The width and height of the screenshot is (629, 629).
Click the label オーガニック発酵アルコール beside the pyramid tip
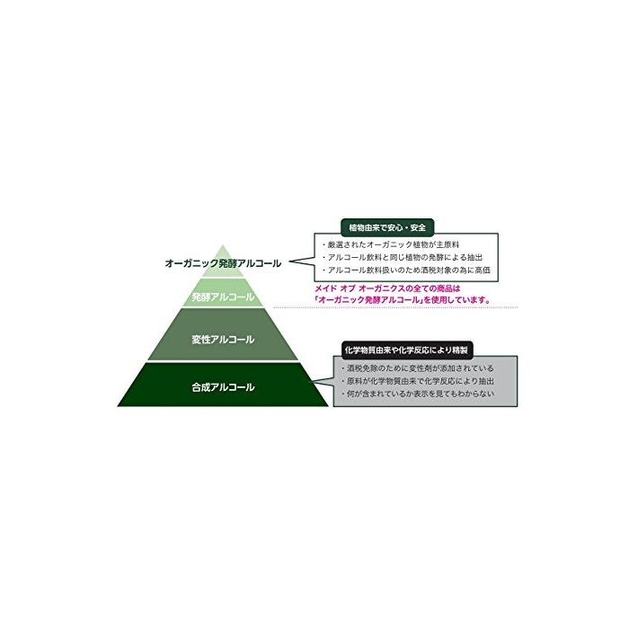coord(223,263)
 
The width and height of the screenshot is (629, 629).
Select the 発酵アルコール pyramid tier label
coord(223,297)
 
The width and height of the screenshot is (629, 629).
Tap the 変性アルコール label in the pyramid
coord(223,340)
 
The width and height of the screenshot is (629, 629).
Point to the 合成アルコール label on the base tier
coord(223,387)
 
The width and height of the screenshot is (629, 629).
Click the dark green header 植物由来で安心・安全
coord(387,227)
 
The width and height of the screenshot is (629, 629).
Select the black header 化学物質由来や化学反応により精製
coord(406,350)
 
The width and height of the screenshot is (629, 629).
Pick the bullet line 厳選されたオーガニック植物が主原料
coord(390,244)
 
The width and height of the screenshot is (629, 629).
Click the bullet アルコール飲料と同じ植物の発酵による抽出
coord(402,257)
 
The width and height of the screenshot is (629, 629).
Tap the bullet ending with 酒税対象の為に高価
coord(406,270)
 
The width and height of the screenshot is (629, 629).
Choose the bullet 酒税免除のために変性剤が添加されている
coord(417,368)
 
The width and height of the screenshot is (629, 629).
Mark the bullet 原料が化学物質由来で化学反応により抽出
coord(417,381)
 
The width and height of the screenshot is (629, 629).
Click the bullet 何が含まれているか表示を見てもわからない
coord(417,394)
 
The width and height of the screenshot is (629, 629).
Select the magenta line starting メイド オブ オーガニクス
coord(387,288)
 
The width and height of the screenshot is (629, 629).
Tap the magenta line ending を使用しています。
coord(403,299)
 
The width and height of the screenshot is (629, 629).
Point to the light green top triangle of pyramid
coord(223,263)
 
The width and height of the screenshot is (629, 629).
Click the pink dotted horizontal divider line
coord(395,307)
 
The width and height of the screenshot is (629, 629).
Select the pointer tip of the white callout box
coord(289,261)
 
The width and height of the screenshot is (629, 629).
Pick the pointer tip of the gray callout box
coord(314,381)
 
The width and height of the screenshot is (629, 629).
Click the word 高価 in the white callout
coord(483,270)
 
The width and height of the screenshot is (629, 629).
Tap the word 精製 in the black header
coord(460,350)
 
